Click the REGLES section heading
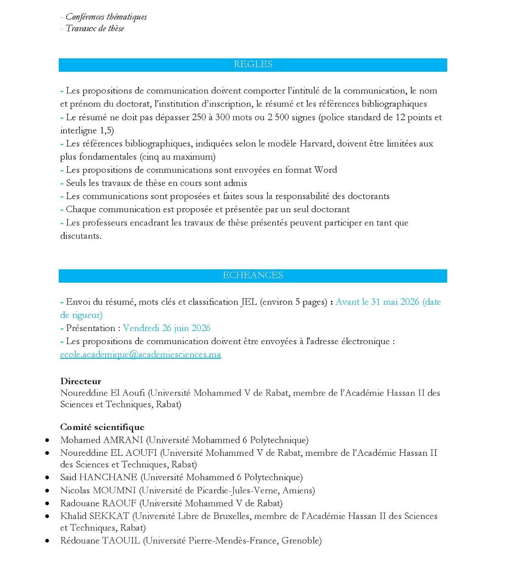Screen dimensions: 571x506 (x=253, y=65)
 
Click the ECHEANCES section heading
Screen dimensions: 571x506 (x=253, y=275)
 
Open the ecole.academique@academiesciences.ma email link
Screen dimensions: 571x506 (x=141, y=355)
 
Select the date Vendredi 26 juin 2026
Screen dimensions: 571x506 (x=167, y=328)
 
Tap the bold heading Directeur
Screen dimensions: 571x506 (x=80, y=382)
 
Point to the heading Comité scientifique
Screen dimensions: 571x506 (x=102, y=427)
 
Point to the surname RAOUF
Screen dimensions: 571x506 (x=119, y=504)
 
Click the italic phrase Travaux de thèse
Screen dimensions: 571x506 (x=95, y=29)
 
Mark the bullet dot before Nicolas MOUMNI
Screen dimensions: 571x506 (x=47, y=491)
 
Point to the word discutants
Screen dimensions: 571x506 (x=80, y=236)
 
